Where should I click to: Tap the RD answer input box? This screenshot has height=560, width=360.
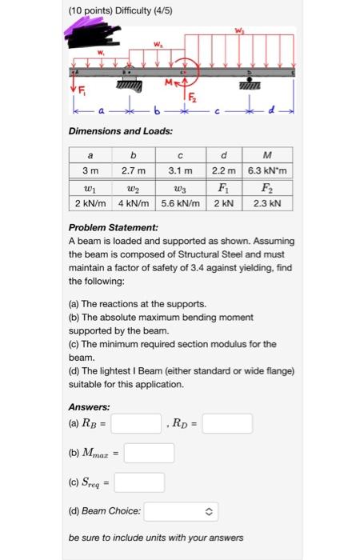[x=227, y=423]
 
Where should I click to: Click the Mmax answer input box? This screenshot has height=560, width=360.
[x=149, y=453]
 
